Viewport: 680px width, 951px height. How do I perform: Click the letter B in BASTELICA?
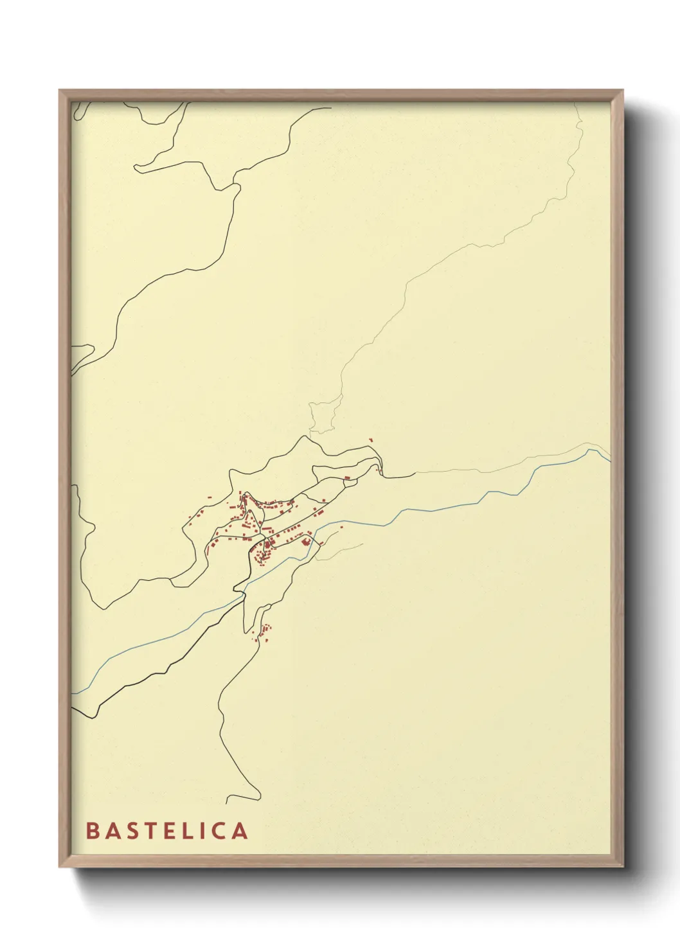click(93, 831)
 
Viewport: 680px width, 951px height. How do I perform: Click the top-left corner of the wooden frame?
click(60, 91)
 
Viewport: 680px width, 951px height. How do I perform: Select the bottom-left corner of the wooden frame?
click(60, 866)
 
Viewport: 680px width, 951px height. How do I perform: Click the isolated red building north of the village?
click(371, 440)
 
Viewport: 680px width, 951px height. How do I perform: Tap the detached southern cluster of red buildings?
click(264, 633)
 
